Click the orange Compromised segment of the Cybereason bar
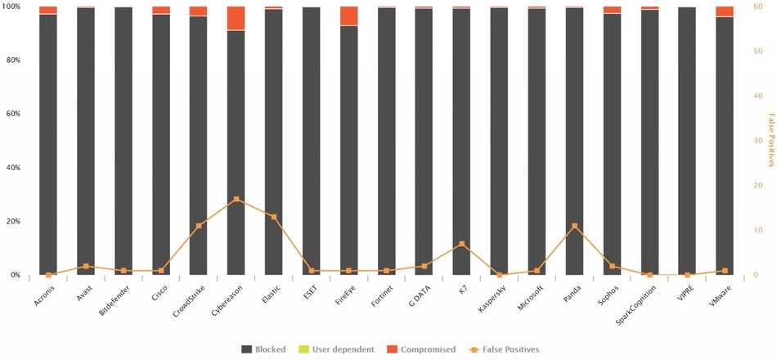pos(236,18)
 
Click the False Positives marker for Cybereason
pos(236,199)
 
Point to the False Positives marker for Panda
pos(575,226)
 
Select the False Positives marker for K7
pos(462,244)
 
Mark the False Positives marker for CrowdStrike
pos(199,226)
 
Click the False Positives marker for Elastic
pos(274,217)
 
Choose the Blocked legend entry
pos(263,349)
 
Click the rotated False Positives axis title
pos(770,141)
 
